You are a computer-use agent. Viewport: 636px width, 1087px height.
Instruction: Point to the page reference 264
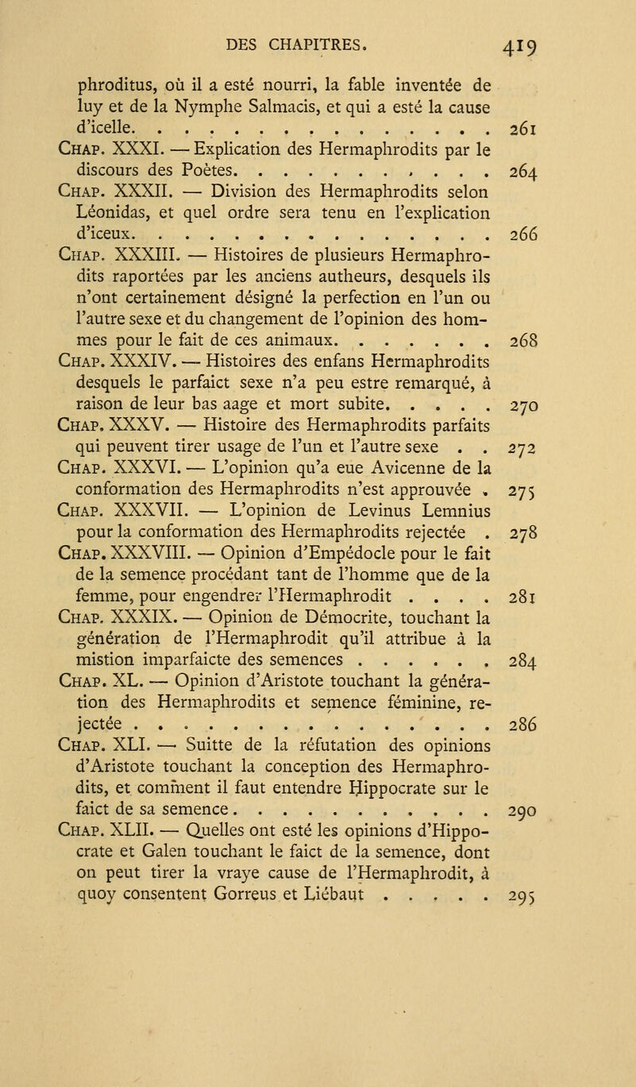tap(571, 236)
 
